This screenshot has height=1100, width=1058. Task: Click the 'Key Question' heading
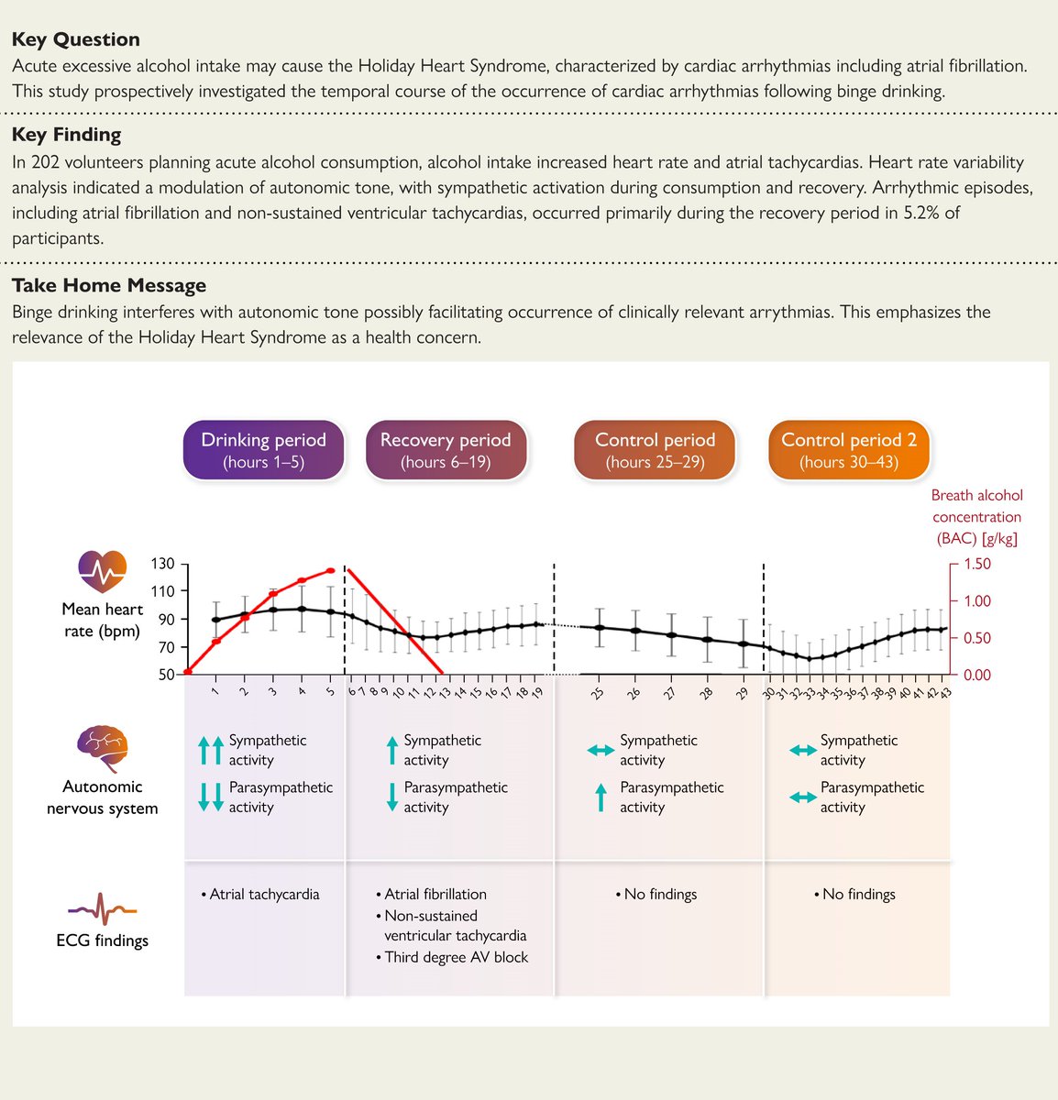pyautogui.click(x=75, y=39)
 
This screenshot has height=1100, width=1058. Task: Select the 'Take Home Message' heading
pyautogui.click(x=108, y=285)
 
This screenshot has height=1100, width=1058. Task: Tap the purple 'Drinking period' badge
pyautogui.click(x=263, y=450)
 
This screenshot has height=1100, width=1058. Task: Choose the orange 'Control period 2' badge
pyautogui.click(x=848, y=450)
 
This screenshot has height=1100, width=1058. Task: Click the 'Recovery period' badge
pyautogui.click(x=446, y=450)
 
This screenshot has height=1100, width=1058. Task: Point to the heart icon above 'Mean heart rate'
pyautogui.click(x=102, y=571)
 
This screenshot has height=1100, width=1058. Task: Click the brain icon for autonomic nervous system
pyautogui.click(x=102, y=751)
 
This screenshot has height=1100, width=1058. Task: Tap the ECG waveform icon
pyautogui.click(x=102, y=911)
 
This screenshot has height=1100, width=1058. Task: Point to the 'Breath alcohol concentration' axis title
pyautogui.click(x=976, y=517)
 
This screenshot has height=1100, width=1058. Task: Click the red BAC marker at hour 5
pyautogui.click(x=330, y=571)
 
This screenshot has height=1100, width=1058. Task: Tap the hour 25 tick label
pyautogui.click(x=598, y=694)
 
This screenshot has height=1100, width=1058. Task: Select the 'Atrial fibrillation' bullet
pyautogui.click(x=435, y=894)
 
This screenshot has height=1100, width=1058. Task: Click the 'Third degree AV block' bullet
pyautogui.click(x=456, y=957)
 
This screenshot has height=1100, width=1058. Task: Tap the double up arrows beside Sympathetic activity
pyautogui.click(x=210, y=750)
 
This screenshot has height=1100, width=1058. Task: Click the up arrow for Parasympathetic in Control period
pyautogui.click(x=601, y=797)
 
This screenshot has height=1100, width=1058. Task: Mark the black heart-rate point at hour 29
pyautogui.click(x=742, y=643)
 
